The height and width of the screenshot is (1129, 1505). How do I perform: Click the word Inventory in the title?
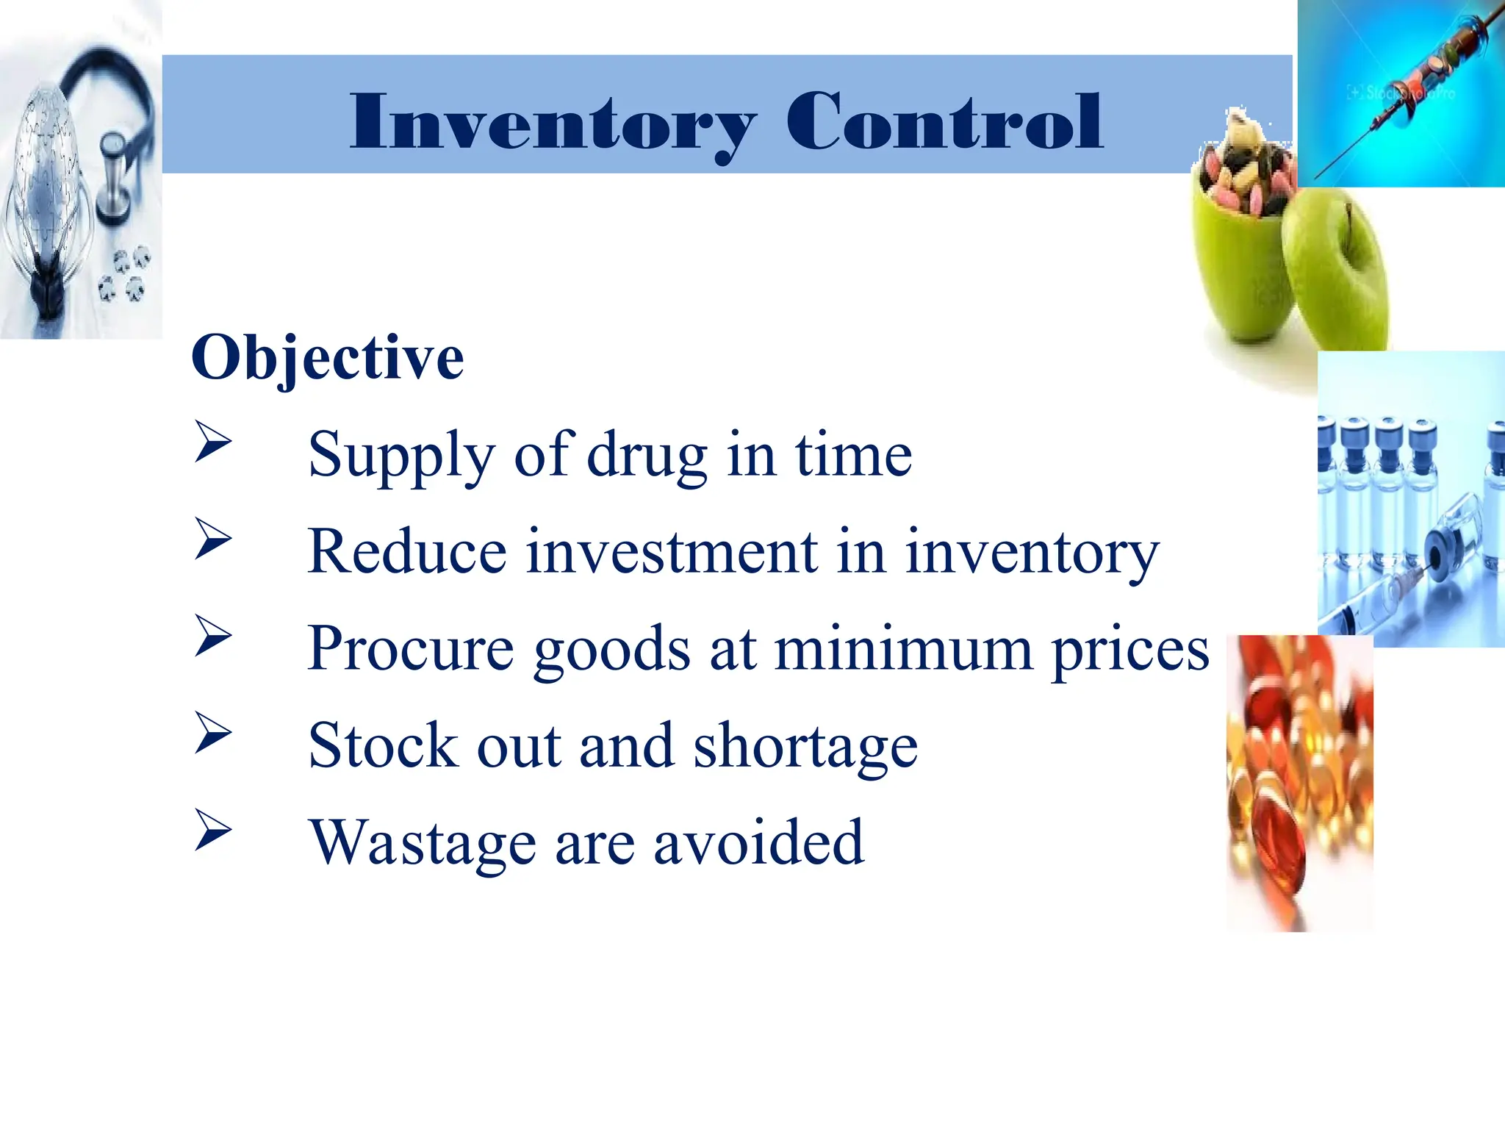point(553,123)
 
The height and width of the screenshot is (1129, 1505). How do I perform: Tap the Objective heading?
point(328,359)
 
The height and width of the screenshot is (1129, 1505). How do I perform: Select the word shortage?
point(805,747)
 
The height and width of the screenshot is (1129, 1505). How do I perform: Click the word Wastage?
point(423,844)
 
